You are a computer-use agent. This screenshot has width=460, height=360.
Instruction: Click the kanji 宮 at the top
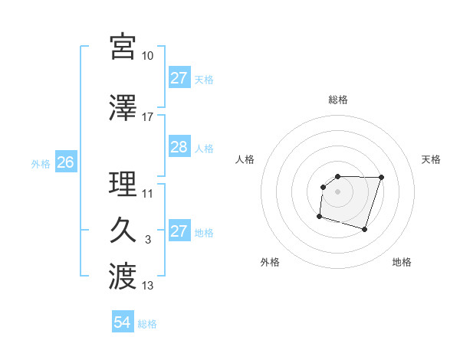click(123, 47)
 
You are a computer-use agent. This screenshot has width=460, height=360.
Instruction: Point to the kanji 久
click(123, 231)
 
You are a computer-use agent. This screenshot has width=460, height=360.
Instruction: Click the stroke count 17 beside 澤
click(147, 117)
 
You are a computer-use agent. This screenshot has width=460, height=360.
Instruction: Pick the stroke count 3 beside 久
click(147, 240)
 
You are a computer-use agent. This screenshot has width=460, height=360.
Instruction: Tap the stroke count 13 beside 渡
click(147, 286)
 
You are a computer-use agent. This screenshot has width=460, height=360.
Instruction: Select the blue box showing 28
click(179, 147)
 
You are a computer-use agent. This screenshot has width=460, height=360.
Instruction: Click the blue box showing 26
click(65, 162)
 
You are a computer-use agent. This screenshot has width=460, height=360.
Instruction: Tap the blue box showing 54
click(122, 322)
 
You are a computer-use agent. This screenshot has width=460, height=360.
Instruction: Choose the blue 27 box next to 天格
click(179, 78)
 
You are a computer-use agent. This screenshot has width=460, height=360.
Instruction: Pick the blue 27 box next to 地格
click(179, 231)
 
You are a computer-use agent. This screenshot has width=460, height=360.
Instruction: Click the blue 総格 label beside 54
click(147, 324)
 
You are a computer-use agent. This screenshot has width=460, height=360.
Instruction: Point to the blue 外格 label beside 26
click(41, 163)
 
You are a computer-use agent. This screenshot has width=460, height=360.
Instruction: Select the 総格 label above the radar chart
click(338, 100)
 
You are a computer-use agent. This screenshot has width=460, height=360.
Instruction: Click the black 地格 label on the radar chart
click(402, 263)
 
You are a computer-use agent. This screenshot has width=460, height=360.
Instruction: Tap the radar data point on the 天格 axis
click(382, 178)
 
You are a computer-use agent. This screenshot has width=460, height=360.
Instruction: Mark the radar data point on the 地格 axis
click(365, 230)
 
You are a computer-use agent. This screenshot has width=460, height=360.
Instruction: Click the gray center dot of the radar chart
click(338, 191)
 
